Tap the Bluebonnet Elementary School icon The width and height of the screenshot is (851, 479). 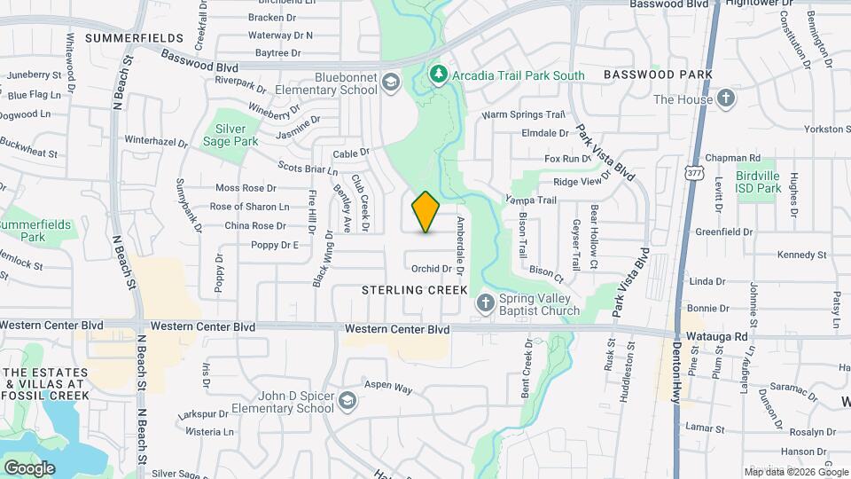tap(391, 83)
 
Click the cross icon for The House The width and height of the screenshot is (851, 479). tap(726, 98)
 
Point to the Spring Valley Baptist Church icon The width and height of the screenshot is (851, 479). tap(485, 303)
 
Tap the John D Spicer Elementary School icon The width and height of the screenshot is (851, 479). tap(347, 401)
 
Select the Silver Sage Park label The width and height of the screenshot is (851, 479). tap(230, 135)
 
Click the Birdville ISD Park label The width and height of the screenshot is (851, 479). tap(758, 182)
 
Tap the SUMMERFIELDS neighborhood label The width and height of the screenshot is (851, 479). tap(135, 39)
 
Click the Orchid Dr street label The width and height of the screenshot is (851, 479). tap(432, 269)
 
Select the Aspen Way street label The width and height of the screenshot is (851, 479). tap(391, 389)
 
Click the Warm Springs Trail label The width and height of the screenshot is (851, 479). tap(523, 114)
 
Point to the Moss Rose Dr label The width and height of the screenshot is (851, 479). tap(246, 188)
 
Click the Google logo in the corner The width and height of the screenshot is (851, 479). tap(29, 467)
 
